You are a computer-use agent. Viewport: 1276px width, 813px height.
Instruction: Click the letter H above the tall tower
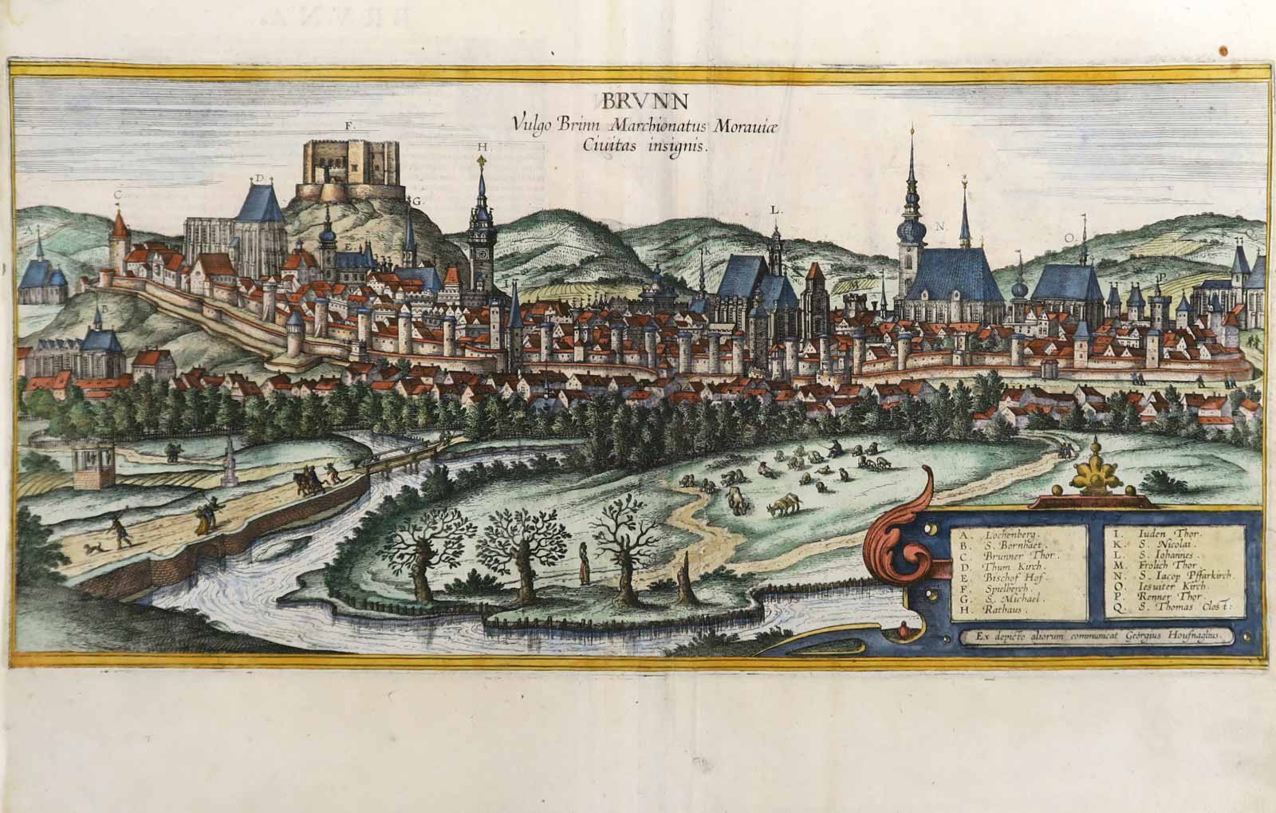click(482, 148)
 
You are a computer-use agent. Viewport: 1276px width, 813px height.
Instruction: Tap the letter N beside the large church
click(940, 227)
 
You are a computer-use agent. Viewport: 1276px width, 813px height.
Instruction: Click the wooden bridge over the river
click(407, 460)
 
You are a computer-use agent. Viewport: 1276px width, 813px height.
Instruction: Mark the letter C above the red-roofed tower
click(118, 194)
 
